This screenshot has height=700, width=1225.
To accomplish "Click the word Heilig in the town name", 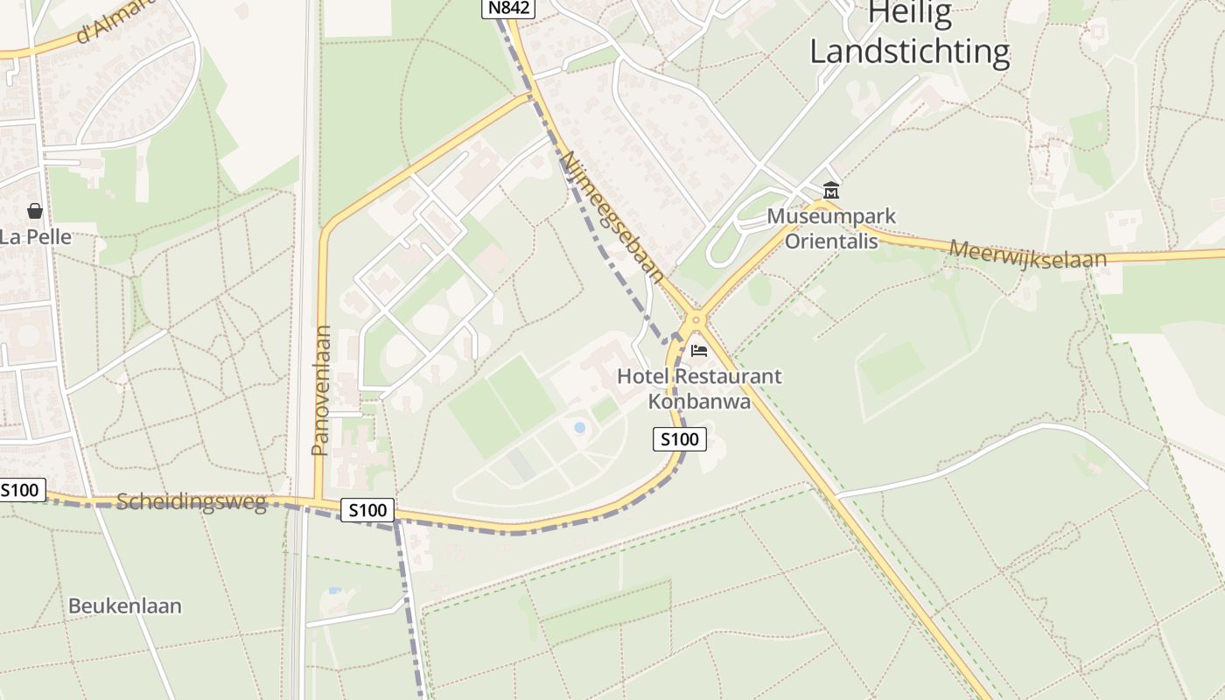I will tap(909, 15).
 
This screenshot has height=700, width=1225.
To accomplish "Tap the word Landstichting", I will tap(909, 52).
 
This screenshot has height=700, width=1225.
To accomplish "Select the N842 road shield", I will tap(507, 8).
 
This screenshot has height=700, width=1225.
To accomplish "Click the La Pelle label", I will tap(36, 236).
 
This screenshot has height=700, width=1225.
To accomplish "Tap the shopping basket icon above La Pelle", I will tap(35, 211).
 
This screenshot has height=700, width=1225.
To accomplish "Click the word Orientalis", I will tap(830, 241).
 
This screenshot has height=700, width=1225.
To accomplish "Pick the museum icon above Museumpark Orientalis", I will tap(830, 190).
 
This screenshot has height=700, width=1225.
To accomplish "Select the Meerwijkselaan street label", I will tap(1028, 255).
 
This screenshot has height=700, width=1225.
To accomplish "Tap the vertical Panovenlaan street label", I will tap(320, 390).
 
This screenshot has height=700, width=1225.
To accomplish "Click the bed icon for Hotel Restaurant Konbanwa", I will tap(698, 351).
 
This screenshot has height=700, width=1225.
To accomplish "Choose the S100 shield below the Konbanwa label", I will tap(679, 439).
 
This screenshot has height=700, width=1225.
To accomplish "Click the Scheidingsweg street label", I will tap(192, 502).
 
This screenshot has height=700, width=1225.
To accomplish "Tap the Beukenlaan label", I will tap(125, 605).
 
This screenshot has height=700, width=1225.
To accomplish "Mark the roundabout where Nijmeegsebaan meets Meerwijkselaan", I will tap(696, 319).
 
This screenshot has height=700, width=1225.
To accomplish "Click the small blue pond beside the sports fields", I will tap(579, 427).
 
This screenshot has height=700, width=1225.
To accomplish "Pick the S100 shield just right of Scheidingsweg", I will tap(367, 510).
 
